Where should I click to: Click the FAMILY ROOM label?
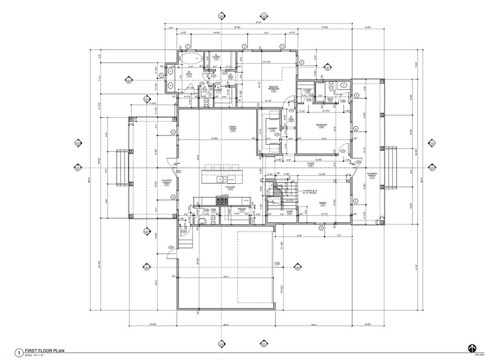click(x=233, y=128)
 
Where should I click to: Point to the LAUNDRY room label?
click(x=273, y=129)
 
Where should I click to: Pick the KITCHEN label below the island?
click(x=230, y=187)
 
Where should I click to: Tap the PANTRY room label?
click(x=242, y=210)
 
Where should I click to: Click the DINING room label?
click(x=323, y=204)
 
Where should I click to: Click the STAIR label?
click(x=290, y=211)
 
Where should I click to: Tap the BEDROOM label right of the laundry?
click(x=321, y=125)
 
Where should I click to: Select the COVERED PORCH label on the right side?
click(x=372, y=175)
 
